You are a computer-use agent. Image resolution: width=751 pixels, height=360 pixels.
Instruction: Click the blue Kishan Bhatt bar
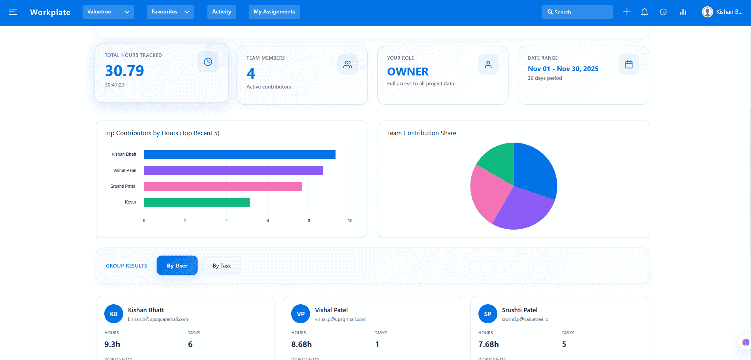point(239,155)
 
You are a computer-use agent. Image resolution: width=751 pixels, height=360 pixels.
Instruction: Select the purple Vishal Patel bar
point(233,170)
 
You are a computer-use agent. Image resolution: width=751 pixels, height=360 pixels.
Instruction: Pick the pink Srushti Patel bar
point(223,187)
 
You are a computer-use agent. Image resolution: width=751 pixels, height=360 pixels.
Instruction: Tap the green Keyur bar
point(197,202)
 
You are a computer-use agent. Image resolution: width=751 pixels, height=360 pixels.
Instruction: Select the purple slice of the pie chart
point(523,209)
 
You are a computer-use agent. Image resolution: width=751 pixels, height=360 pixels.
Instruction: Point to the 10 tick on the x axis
point(350,221)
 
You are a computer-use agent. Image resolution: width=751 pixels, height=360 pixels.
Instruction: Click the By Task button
point(222,266)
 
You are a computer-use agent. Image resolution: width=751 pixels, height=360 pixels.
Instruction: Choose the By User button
point(177,266)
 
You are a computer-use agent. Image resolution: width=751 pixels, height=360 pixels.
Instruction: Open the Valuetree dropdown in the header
point(108,12)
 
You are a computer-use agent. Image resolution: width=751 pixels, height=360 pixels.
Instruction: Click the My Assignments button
point(274,12)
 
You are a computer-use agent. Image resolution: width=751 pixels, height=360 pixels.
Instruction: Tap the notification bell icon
point(644,12)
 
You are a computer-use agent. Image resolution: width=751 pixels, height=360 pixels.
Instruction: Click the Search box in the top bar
point(577,12)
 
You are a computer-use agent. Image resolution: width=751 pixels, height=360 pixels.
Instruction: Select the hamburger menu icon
point(13,12)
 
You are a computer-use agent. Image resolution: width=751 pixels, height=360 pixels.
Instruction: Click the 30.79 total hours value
point(124,71)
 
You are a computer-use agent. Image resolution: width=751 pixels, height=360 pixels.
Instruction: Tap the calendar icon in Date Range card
point(629,64)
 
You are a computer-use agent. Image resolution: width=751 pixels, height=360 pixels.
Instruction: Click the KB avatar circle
point(114,314)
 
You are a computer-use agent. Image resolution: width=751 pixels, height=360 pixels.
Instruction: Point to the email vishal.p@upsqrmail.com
point(340,319)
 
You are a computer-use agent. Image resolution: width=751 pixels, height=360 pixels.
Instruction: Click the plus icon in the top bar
point(627,12)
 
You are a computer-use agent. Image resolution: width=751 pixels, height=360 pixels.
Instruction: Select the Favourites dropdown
point(170,12)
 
